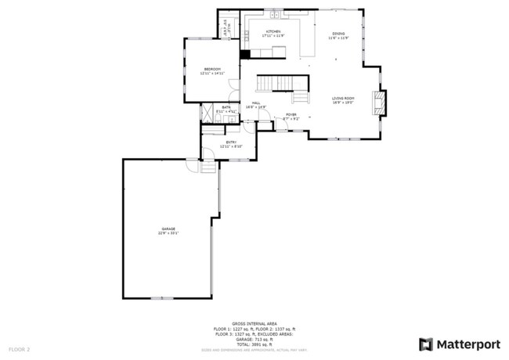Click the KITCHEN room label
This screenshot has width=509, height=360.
pos(273,31)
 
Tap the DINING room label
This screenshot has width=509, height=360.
pos(338,34)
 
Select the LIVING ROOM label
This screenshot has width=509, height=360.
pos(344,98)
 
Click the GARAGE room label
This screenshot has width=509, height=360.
pos(168,229)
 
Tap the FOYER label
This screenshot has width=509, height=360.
pos(291,114)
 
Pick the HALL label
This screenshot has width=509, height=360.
pos(256,103)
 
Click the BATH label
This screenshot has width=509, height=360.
pos(226,107)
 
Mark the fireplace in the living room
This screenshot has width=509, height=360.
pos(379,103)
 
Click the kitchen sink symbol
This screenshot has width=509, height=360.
pos(276,16)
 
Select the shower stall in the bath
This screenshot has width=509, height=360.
pos(208,112)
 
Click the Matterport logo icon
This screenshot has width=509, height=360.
pos(426,344)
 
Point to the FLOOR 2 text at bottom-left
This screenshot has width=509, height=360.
pos(20,348)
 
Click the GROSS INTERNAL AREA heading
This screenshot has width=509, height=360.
pos(254,322)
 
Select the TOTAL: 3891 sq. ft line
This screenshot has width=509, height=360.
pos(254,344)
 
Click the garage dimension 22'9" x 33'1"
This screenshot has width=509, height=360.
pos(168,233)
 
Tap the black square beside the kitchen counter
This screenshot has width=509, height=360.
pos(245,54)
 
